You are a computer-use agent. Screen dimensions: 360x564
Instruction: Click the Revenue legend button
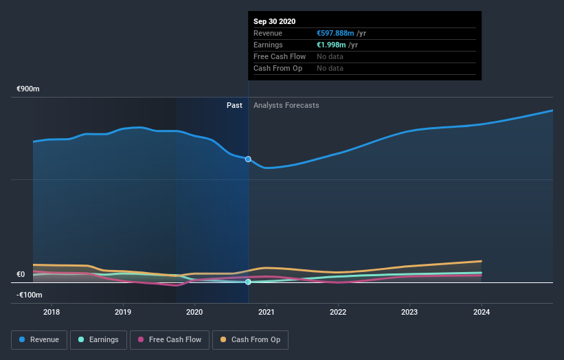point(39,339)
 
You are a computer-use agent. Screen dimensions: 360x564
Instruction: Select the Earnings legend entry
point(98,339)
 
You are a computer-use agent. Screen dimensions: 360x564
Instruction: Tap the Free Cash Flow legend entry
point(169,339)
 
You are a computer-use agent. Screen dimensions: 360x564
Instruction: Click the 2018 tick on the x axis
point(52,312)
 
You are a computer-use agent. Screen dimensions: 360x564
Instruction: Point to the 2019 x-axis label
point(123,312)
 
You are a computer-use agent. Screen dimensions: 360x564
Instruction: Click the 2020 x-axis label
point(194,312)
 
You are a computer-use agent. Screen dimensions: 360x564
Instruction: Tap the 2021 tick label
point(267,312)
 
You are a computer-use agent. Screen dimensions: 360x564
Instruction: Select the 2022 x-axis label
point(338,312)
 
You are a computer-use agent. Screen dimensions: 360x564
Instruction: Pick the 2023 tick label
point(409,312)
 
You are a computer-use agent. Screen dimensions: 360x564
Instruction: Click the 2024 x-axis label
point(482,312)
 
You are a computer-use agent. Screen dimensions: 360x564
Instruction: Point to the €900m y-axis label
point(29,89)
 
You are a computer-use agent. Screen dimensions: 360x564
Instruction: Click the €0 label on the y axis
point(21,275)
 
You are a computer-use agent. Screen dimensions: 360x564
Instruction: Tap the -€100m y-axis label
point(30,295)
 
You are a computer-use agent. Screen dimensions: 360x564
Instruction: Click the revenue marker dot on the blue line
point(248,159)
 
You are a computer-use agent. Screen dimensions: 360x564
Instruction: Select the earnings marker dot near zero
point(248,282)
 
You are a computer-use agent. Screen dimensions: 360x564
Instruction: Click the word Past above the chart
point(234,105)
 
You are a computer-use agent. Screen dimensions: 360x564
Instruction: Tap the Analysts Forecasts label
point(286,105)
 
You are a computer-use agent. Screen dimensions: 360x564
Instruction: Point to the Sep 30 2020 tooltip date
point(275,21)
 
